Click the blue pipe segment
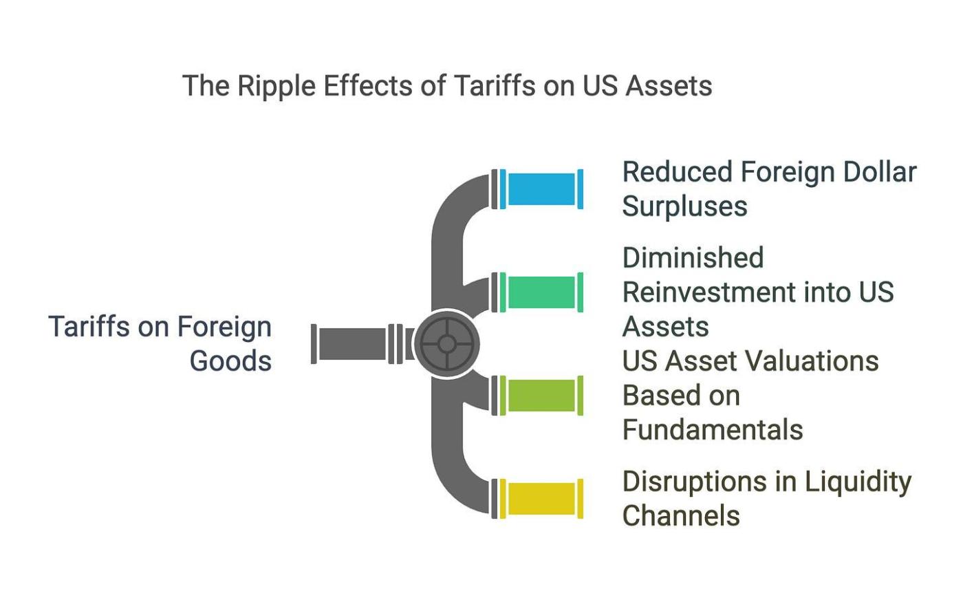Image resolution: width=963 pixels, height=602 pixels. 542,189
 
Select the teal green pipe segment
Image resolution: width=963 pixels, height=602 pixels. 542,292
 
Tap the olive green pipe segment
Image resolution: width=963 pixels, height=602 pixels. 542,396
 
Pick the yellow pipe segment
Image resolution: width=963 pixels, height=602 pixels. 542,499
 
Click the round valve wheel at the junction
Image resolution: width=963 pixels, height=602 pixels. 446,343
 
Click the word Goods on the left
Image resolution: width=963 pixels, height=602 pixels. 230,361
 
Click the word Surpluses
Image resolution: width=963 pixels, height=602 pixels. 684,206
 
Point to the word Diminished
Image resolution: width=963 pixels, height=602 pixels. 693,258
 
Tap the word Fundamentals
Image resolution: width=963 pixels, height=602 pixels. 713,430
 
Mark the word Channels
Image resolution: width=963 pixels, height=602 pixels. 681,516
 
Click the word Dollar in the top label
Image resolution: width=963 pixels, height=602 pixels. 876,172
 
